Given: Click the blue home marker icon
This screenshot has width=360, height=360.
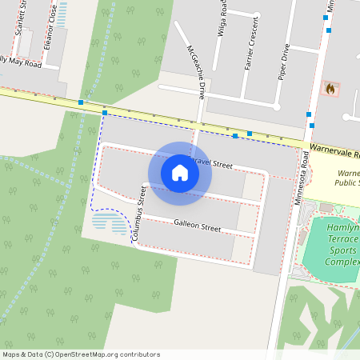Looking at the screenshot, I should [180, 172].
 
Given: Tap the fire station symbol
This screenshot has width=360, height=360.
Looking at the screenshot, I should [329, 89].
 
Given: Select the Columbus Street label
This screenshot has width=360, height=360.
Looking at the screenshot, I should [139, 214].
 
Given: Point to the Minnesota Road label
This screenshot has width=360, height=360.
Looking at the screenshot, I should [301, 178].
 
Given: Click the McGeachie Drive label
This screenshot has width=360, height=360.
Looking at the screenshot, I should [196, 71].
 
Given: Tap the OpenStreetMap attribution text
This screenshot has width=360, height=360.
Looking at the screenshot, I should [81, 354].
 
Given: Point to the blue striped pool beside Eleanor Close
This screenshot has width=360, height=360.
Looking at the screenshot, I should [62, 14].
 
